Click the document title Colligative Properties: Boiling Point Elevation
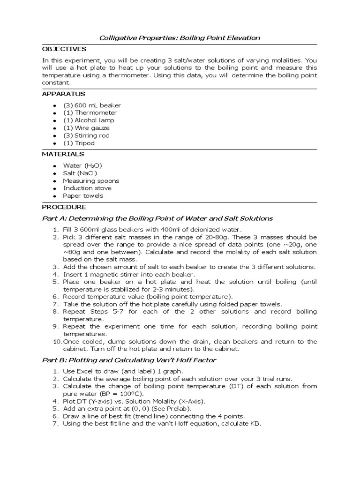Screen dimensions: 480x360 click(x=180, y=37)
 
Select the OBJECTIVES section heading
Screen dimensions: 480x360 click(x=64, y=49)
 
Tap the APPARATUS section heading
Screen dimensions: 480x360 click(x=63, y=94)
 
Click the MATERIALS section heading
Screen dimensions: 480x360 click(x=63, y=154)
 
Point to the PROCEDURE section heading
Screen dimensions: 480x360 click(x=64, y=207)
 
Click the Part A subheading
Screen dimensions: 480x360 click(x=157, y=218)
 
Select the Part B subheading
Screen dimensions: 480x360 click(x=129, y=360)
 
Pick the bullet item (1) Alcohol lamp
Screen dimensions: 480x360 click(x=89, y=120)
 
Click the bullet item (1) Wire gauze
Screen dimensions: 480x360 click(x=86, y=128)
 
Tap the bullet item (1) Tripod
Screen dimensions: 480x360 click(x=79, y=143)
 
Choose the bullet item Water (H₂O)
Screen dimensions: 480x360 click(x=82, y=166)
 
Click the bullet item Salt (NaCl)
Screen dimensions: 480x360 click(x=80, y=173)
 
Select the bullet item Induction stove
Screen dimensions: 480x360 click(x=87, y=188)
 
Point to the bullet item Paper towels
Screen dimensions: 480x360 click(x=83, y=196)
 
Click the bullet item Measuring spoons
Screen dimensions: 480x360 click(x=91, y=181)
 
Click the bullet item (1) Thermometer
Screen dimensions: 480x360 click(x=90, y=113)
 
